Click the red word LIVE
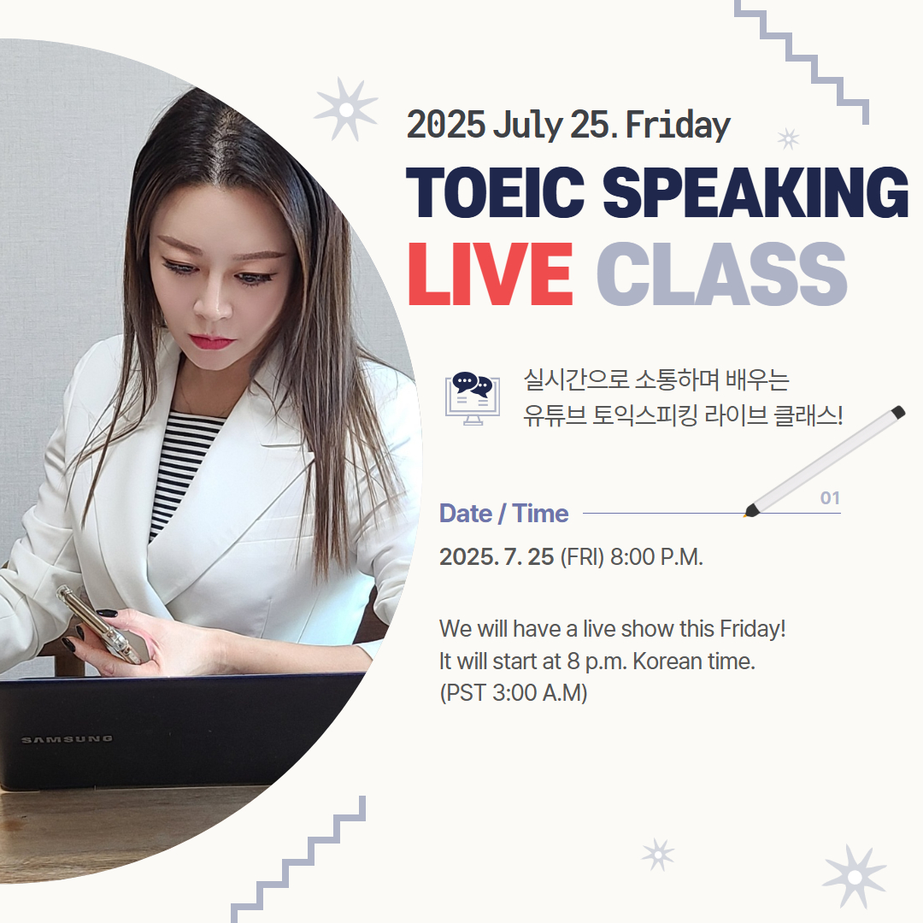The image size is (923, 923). [490, 273]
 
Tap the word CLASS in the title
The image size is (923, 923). [721, 273]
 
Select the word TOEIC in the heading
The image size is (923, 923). [495, 192]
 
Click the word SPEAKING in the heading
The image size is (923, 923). [755, 192]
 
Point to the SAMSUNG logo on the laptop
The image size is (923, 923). [67, 739]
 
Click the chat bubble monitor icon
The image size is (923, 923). [472, 398]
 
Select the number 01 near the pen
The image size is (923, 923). [830, 498]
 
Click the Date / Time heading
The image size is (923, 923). [504, 514]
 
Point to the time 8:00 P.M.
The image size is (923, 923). [656, 557]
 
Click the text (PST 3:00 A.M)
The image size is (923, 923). [514, 693]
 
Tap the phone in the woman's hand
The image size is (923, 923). [99, 624]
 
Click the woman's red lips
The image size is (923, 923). [211, 341]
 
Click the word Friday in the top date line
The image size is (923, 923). [678, 126]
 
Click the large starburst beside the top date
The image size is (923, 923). [346, 109]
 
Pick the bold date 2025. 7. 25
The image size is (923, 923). [497, 557]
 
